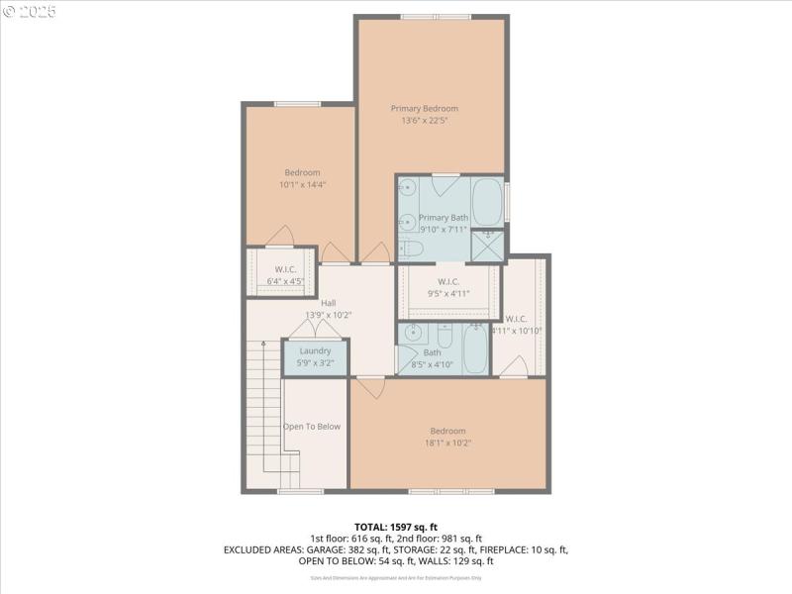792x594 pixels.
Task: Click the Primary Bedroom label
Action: pyautogui.click(x=424, y=109)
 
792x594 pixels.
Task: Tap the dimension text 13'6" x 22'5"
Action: pyautogui.click(x=424, y=121)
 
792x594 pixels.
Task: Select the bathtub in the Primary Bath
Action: pyautogui.click(x=486, y=202)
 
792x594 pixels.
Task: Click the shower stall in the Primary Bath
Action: pyautogui.click(x=486, y=245)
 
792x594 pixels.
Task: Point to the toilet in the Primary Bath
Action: pyautogui.click(x=411, y=248)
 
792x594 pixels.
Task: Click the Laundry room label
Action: pyautogui.click(x=315, y=350)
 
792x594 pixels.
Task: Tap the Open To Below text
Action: pyautogui.click(x=312, y=427)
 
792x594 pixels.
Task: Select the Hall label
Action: pyautogui.click(x=328, y=304)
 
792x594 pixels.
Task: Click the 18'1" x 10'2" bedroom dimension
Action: pyautogui.click(x=447, y=443)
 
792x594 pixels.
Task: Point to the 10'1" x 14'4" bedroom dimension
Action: pyautogui.click(x=302, y=184)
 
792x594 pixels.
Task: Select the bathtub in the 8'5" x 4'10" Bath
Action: pyautogui.click(x=475, y=349)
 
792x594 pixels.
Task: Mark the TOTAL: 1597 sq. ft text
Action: pyautogui.click(x=395, y=526)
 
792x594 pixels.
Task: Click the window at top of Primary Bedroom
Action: pyautogui.click(x=436, y=17)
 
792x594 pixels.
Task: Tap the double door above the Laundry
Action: pyautogui.click(x=315, y=328)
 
